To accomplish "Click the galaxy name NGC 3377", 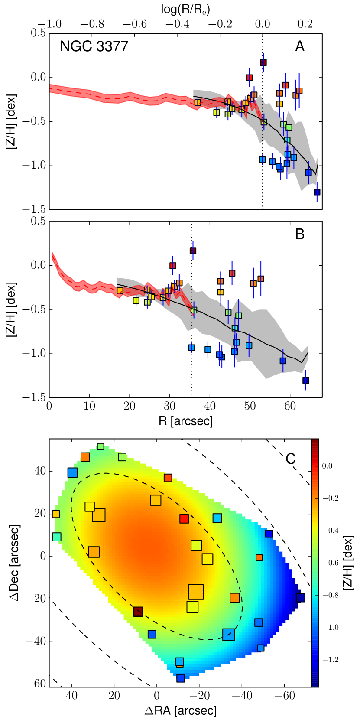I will click(94, 46).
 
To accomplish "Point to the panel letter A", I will click(300, 46).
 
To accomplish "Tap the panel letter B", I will click(300, 234).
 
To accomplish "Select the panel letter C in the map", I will click(291, 459).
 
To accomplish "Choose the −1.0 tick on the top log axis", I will click(49, 24).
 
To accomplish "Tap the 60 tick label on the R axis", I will click(290, 407).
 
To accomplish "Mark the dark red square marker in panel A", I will click(263, 62).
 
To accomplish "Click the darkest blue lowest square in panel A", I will click(317, 192).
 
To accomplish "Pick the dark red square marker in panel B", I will click(193, 250).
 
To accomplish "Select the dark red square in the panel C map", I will click(138, 612).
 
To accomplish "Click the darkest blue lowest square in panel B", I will click(305, 380).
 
